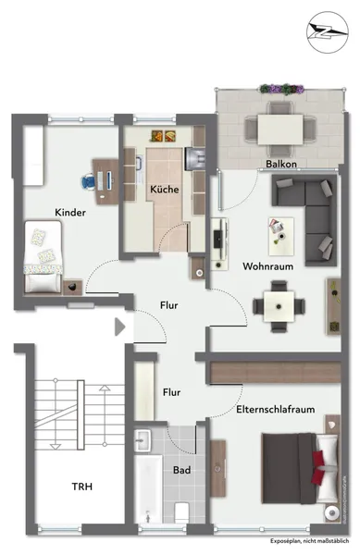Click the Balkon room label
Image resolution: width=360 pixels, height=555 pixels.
pyautogui.click(x=280, y=165)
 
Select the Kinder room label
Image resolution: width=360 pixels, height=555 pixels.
pyautogui.click(x=70, y=212)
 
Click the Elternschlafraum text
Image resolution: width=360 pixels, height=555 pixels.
pyautogui.click(x=273, y=409)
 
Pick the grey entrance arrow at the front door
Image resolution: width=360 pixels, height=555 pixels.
pyautogui.click(x=118, y=326)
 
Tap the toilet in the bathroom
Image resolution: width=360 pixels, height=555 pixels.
pyautogui.click(x=181, y=511)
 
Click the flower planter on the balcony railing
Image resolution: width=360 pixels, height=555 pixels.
pyautogui.click(x=281, y=88)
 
